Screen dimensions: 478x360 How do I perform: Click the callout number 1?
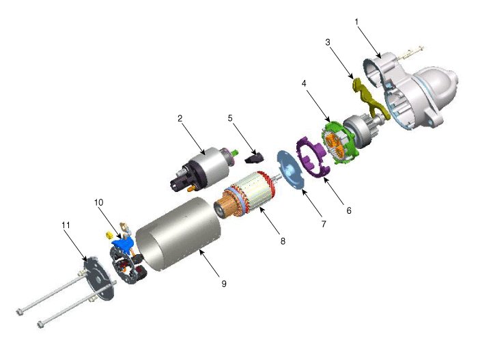point(356,22)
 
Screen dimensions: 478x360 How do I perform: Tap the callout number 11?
point(66,225)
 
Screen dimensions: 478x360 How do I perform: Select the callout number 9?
point(224,283)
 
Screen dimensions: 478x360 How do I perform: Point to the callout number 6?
point(349,210)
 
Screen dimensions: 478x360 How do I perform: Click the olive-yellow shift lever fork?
point(369,98)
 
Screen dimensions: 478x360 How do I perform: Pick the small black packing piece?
point(254,158)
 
